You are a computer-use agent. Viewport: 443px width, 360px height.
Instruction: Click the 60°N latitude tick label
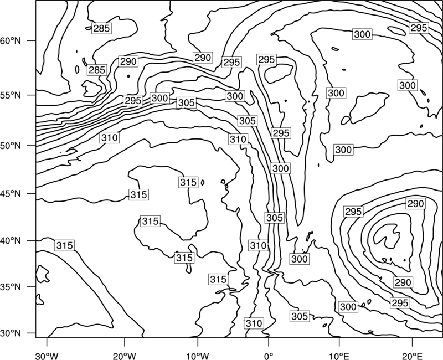click(10, 40)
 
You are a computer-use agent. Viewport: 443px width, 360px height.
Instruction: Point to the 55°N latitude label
click(10, 95)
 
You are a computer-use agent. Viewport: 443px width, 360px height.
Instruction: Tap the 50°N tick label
click(10, 146)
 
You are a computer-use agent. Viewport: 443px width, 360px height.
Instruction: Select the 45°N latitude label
click(10, 193)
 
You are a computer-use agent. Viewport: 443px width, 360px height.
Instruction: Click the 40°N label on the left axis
click(10, 241)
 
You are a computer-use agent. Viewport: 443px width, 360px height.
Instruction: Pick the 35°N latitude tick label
click(10, 287)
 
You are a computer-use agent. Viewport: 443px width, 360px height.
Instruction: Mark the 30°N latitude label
click(10, 333)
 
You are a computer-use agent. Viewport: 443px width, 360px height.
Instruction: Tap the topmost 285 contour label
click(101, 28)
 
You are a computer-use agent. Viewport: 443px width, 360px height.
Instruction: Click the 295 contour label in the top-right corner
click(419, 28)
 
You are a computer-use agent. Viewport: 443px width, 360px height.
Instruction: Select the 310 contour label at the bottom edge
click(254, 323)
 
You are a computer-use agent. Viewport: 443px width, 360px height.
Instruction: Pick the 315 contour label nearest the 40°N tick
click(65, 245)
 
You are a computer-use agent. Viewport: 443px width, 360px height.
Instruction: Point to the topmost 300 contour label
click(362, 34)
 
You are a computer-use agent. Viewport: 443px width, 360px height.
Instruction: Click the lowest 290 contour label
click(403, 282)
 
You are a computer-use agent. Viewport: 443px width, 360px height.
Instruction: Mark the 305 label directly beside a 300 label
click(186, 103)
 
